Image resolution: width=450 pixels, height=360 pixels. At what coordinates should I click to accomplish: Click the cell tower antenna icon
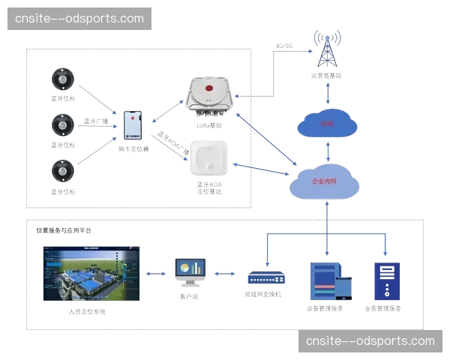pyautogui.click(x=327, y=49)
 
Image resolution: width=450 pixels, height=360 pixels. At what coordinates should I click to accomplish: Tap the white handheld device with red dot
pyautogui.click(x=133, y=124)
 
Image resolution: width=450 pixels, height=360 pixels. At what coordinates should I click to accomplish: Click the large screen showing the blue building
pyautogui.click(x=93, y=277)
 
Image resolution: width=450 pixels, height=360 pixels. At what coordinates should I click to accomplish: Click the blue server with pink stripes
pyautogui.click(x=328, y=280)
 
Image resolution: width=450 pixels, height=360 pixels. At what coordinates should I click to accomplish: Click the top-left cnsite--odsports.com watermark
pyautogui.click(x=79, y=18)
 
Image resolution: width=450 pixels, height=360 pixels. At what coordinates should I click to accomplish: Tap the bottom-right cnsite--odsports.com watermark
pyautogui.click(x=370, y=341)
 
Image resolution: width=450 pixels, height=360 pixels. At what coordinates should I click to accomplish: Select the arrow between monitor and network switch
pyautogui.click(x=228, y=274)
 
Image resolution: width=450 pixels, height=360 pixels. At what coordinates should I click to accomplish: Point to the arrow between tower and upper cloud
pyautogui.click(x=327, y=93)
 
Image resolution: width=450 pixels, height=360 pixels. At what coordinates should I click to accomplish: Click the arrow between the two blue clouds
pyautogui.click(x=327, y=151)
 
